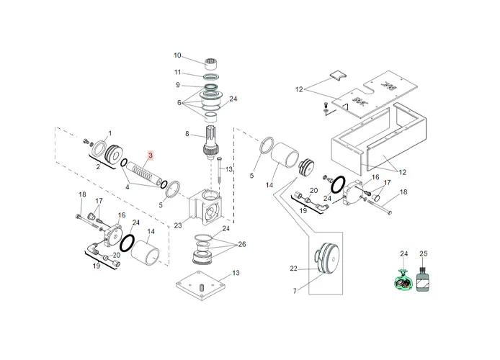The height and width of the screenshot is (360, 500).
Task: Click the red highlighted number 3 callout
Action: click(x=151, y=155)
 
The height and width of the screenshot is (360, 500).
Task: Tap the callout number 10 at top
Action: click(x=177, y=55)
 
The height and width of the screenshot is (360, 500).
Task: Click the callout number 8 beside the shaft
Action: click(x=187, y=134)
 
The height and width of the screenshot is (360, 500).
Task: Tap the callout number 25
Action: click(x=424, y=254)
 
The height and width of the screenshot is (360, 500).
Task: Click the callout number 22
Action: click(x=294, y=269)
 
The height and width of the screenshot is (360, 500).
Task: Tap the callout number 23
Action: click(x=179, y=225)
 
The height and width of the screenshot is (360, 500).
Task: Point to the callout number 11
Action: click(x=177, y=72)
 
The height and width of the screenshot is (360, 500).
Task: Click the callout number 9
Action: click(x=177, y=85)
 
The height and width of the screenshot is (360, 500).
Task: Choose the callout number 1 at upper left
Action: click(x=110, y=134)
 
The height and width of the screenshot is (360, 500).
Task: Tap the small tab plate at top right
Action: click(x=337, y=74)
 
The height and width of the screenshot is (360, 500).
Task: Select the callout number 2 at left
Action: click(x=98, y=166)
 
